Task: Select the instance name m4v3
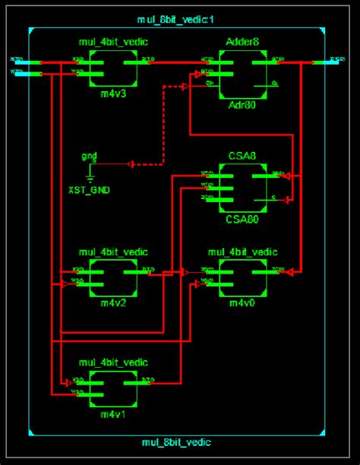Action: pos(113,95)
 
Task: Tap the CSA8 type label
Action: pos(242,157)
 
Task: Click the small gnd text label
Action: pos(90,156)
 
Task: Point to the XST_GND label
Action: pos(90,189)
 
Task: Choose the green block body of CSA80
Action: pos(242,188)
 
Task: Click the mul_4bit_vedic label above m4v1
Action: pos(113,362)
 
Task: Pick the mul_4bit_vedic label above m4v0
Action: pos(242,251)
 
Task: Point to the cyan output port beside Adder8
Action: pos(330,61)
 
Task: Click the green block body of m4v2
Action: pos(113,278)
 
